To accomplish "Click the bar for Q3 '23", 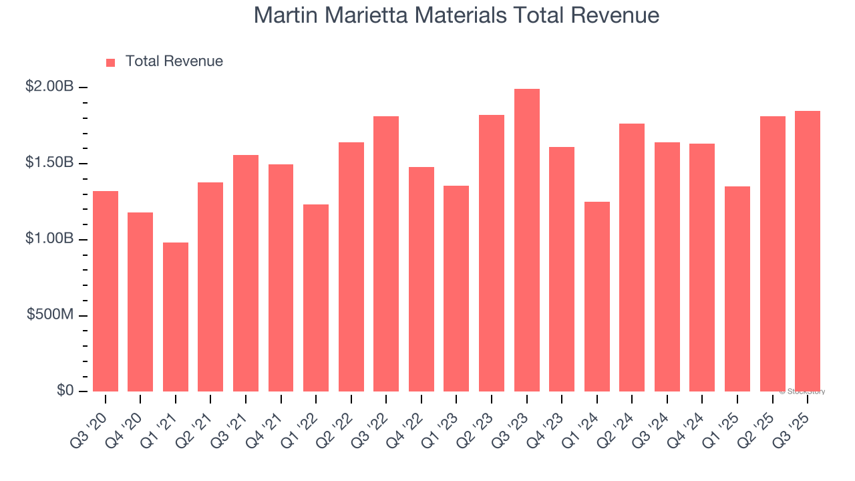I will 526,240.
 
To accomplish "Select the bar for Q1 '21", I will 176,317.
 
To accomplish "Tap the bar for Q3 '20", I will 106,291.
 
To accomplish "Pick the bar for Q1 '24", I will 596,297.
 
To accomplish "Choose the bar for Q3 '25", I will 808,251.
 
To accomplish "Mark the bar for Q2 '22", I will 351,267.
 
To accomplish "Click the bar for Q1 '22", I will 316,298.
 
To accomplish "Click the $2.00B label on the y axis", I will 50,87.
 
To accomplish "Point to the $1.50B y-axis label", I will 50,163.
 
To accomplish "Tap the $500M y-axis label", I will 50,315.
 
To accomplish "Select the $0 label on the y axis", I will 65,390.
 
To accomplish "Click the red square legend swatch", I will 111,63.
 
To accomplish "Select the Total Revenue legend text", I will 174,61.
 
